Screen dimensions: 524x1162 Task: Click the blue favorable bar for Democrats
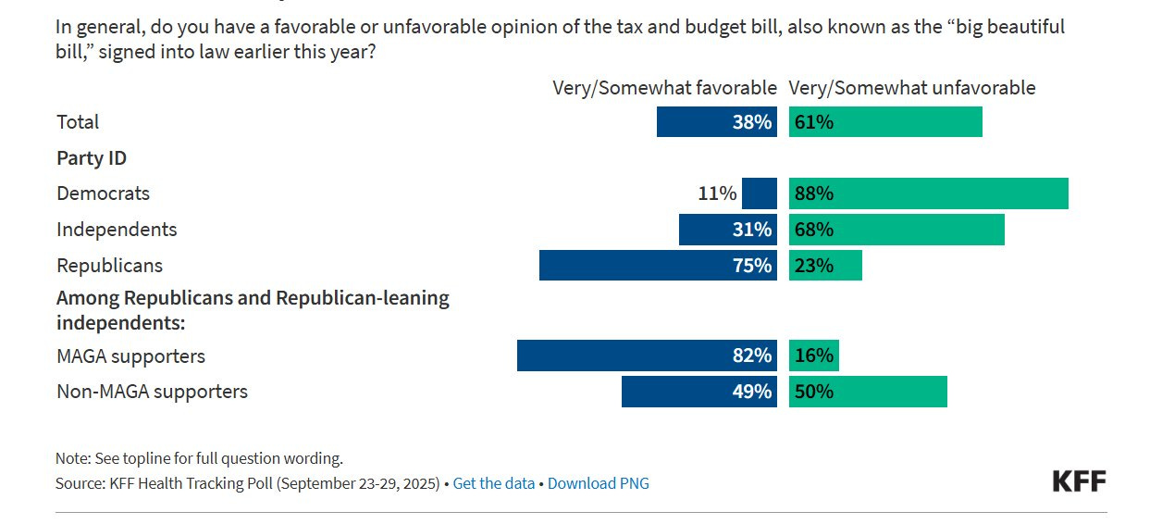point(760,193)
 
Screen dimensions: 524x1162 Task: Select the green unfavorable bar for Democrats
point(928,193)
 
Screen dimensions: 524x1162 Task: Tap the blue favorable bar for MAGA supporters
point(647,356)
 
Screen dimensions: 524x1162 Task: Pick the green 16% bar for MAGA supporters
point(814,356)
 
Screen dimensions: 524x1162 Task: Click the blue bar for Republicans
point(658,266)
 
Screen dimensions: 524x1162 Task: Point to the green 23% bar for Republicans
point(825,266)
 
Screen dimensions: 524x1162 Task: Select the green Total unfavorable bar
point(885,122)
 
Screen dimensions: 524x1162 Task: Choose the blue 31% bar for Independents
point(728,230)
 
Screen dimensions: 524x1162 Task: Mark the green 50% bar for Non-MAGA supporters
point(868,392)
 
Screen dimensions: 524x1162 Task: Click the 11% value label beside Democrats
point(717,193)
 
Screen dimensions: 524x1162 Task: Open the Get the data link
point(494,483)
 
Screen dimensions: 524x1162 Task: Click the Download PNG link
point(598,483)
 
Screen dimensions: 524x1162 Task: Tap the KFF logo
point(1079,480)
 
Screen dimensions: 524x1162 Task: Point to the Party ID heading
point(92,158)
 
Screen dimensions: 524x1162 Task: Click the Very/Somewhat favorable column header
point(664,88)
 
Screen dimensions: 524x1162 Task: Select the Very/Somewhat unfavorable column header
point(911,88)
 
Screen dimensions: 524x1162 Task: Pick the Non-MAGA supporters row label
point(152,392)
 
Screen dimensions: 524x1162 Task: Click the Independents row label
point(117,230)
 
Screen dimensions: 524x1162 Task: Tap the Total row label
point(78,122)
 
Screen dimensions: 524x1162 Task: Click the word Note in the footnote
point(70,458)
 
